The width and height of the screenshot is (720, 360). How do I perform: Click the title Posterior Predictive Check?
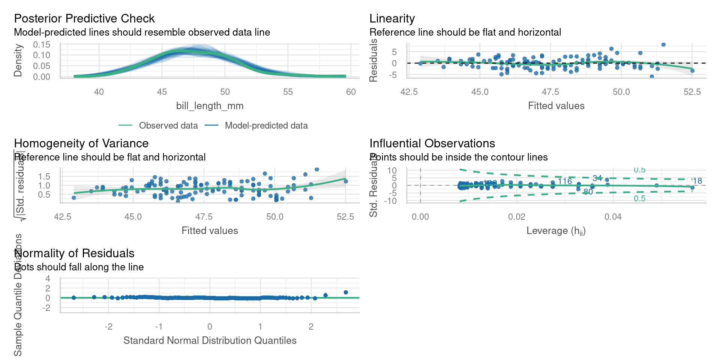[x=84, y=18]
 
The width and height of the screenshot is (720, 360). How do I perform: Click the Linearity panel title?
[x=392, y=18]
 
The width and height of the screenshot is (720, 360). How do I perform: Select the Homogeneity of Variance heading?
[x=81, y=143]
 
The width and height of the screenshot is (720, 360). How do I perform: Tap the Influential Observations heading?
[x=432, y=143]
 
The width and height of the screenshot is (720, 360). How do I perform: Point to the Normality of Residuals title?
[x=74, y=253]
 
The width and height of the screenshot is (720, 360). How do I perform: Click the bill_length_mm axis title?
[x=210, y=106]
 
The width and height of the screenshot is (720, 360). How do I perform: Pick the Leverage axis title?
[x=556, y=231]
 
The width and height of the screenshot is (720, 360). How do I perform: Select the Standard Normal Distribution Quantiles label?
[x=210, y=340]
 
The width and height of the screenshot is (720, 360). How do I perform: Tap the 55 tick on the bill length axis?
[x=288, y=92]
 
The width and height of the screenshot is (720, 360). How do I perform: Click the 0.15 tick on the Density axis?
[x=41, y=45]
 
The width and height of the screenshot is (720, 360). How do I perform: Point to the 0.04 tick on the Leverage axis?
[x=613, y=217]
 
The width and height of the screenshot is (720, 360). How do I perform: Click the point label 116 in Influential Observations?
[x=565, y=181]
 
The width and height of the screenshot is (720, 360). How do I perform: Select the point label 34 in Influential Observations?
[x=597, y=178]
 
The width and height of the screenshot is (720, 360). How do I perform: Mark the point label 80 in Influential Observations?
[x=588, y=192]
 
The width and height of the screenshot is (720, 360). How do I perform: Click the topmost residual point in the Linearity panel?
[x=663, y=45]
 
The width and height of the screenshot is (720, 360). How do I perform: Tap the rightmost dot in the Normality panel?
[x=346, y=292]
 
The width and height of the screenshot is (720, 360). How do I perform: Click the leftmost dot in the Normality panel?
[x=73, y=298]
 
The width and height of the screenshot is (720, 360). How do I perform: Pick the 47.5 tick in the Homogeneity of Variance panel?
[x=204, y=217]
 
